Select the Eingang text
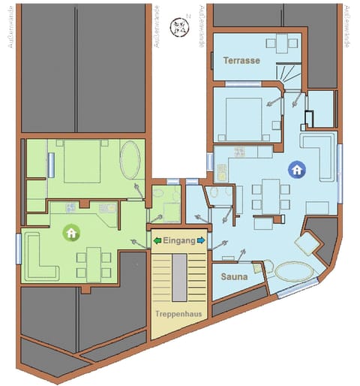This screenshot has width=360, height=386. point(179,240)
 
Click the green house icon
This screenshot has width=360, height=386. point(71,233)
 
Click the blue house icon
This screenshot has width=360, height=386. point(297,170)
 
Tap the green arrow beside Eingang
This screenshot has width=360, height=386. point(157,240)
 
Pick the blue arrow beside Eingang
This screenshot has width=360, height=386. point(202,240)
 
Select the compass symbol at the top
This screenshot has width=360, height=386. point(180,26)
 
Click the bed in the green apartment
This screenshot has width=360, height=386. point(82,161)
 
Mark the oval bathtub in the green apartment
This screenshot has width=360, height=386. point(130,158)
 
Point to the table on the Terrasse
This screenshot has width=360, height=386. point(281,43)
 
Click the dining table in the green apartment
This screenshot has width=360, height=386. point(93,264)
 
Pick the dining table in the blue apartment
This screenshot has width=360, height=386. point(268,195)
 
